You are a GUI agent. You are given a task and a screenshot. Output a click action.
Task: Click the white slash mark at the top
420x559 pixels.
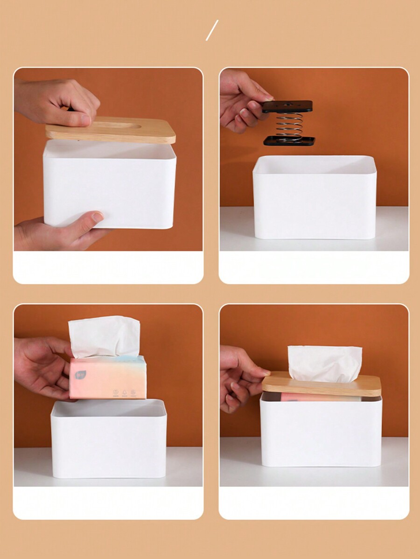point(212,30)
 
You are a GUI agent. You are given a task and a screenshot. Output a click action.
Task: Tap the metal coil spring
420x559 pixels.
point(288,125)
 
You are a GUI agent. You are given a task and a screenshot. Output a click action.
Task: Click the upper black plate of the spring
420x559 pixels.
point(287,106)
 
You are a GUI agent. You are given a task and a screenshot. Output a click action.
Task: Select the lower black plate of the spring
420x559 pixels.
point(289,140)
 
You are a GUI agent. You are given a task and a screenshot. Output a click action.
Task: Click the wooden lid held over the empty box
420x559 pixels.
point(111,131)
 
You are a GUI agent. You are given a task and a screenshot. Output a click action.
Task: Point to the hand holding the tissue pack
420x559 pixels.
point(42,366)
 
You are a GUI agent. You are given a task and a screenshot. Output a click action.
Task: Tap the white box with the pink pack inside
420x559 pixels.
point(321,432)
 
